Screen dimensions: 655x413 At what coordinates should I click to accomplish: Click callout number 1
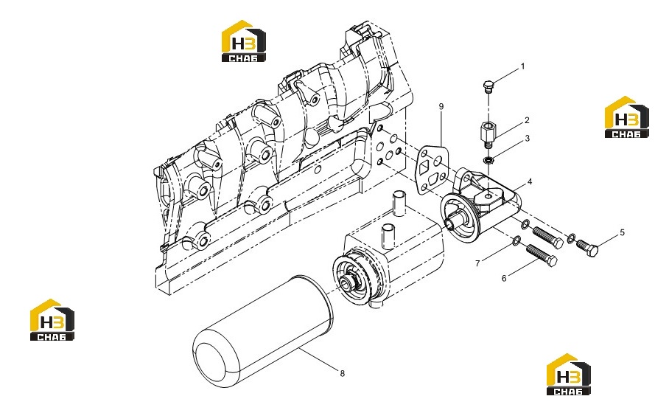click(522, 66)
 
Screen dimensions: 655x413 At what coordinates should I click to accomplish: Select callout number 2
click(527, 120)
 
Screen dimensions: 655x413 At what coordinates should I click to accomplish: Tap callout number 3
click(528, 138)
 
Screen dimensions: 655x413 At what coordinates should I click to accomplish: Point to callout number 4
click(530, 182)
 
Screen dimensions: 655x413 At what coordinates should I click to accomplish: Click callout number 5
click(623, 232)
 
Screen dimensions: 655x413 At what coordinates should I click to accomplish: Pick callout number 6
click(504, 278)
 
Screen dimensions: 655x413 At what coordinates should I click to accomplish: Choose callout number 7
click(477, 263)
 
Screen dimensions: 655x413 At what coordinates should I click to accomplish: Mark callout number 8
click(342, 373)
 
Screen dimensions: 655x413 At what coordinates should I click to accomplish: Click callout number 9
click(441, 107)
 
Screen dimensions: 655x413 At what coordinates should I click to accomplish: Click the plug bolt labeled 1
click(488, 86)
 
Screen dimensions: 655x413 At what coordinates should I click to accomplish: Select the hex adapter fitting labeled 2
click(487, 133)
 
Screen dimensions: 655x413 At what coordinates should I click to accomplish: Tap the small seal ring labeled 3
click(488, 160)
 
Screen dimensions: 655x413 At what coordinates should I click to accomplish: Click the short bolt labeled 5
click(587, 246)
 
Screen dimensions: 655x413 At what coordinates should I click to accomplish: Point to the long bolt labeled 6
click(542, 255)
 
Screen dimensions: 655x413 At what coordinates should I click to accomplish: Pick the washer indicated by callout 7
click(516, 240)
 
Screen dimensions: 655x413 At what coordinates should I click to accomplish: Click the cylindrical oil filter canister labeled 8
click(263, 331)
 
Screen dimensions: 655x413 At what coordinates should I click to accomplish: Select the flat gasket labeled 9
click(432, 170)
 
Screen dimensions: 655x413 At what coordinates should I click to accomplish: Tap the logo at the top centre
click(244, 41)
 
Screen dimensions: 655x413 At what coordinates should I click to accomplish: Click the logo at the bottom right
click(569, 375)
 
